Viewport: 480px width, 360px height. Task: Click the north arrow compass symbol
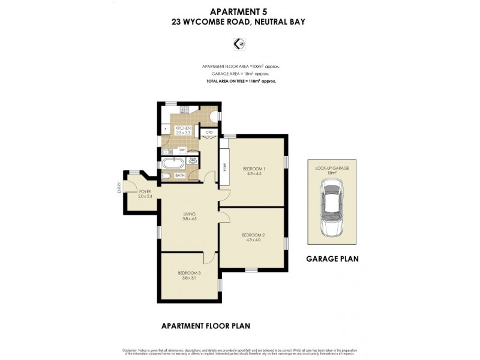click(x=239, y=43)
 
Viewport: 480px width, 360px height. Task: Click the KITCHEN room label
click(x=182, y=128)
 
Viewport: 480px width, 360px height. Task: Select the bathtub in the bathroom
click(x=173, y=162)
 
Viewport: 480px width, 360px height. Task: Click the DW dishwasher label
click(x=181, y=149)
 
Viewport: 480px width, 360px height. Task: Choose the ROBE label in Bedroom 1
click(x=224, y=168)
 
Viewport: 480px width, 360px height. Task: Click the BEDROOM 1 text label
click(x=253, y=169)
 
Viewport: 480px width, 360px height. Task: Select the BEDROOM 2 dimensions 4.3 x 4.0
click(x=253, y=240)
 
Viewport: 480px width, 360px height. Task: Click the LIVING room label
click(x=189, y=214)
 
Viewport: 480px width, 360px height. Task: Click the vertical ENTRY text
click(x=120, y=188)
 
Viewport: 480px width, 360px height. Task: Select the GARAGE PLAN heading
click(x=332, y=259)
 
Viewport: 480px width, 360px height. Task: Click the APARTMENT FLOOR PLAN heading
click(x=205, y=326)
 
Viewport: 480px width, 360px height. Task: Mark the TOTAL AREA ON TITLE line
click(x=240, y=80)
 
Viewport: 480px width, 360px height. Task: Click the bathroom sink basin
click(x=193, y=161)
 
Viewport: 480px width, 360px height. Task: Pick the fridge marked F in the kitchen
click(x=165, y=128)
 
